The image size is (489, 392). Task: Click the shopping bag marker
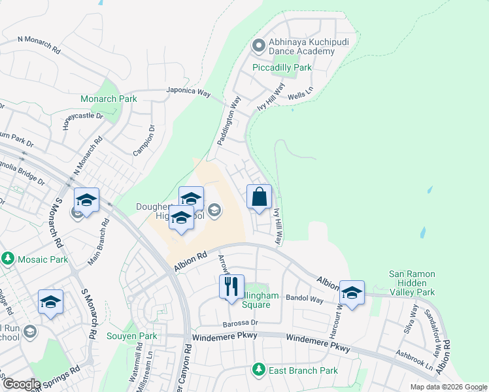(259, 197)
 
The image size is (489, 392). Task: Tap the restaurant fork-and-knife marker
(231, 287)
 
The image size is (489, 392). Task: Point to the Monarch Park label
(109, 99)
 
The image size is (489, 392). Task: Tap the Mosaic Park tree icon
(8, 259)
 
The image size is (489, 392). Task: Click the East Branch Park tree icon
(259, 370)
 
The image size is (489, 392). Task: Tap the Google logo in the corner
(22, 384)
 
